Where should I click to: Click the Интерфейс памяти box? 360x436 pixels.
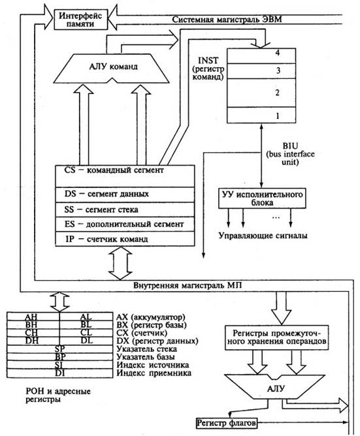pyautogui.click(x=81, y=19)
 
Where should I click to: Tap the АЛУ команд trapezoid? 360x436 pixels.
pyautogui.click(x=111, y=68)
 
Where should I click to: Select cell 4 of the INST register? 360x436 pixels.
pyautogui.click(x=261, y=55)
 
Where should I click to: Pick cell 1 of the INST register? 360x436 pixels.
pyautogui.click(x=261, y=115)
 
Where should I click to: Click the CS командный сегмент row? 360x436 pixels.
pyautogui.click(x=125, y=176)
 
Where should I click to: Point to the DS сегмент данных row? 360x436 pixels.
pyautogui.click(x=125, y=195)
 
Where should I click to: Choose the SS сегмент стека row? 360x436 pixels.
pyautogui.click(x=125, y=210)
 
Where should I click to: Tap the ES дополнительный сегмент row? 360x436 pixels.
pyautogui.click(x=125, y=224)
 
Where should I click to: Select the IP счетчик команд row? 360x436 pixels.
pyautogui.click(x=125, y=239)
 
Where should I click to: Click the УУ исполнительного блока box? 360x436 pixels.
pyautogui.click(x=262, y=198)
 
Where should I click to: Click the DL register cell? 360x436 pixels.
pyautogui.click(x=86, y=341)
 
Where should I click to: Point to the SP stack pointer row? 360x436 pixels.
pyautogui.click(x=60, y=349)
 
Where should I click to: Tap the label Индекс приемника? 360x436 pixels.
pyautogui.click(x=154, y=373)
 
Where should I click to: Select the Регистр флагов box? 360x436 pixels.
pyautogui.click(x=226, y=424)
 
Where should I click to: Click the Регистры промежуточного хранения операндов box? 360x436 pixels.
pyautogui.click(x=276, y=337)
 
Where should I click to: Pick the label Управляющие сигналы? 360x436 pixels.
pyautogui.click(x=263, y=236)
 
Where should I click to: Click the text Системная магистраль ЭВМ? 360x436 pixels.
pyautogui.click(x=227, y=20)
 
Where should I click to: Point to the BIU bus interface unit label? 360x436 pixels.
pyautogui.click(x=290, y=154)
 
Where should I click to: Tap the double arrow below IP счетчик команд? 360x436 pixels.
pyautogui.click(x=120, y=263)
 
